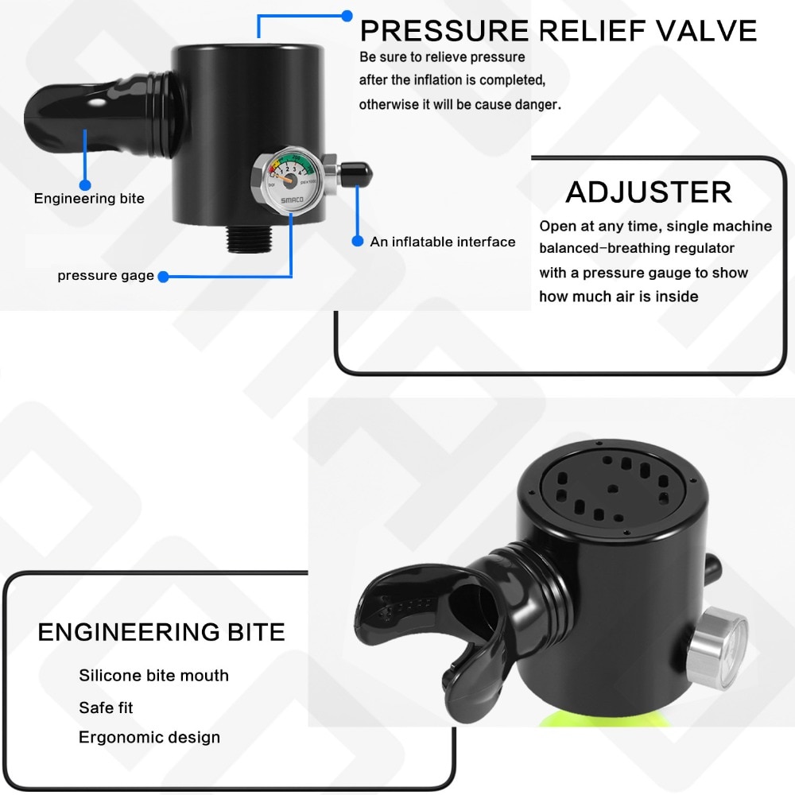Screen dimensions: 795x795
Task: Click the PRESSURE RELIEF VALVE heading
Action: [x=558, y=30]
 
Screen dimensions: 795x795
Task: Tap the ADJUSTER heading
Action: [x=649, y=192]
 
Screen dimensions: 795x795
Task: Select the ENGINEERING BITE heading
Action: [x=161, y=632]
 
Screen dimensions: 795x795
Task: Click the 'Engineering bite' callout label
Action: [x=89, y=198]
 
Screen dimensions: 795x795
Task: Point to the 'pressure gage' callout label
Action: [x=106, y=275]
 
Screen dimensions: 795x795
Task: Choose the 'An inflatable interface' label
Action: [x=443, y=242]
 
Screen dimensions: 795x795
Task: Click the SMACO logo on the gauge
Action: [x=292, y=200]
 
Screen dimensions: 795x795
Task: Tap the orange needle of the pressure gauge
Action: [x=285, y=177]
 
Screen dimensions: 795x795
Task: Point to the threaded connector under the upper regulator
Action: [x=248, y=238]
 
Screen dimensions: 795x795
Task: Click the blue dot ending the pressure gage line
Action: [x=163, y=277]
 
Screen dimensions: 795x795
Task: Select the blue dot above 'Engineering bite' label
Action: [x=85, y=184]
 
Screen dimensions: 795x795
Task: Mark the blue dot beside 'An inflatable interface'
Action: [x=358, y=242]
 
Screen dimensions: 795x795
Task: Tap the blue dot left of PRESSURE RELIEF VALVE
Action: [x=347, y=16]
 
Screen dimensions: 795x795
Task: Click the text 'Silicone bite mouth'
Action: [x=153, y=675]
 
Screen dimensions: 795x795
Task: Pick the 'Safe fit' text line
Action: [x=106, y=708]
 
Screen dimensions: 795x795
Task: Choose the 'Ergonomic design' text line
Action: [x=149, y=737]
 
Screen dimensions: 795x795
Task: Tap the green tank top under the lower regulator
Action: [x=603, y=719]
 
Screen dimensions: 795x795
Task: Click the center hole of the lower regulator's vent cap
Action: [x=613, y=489]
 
